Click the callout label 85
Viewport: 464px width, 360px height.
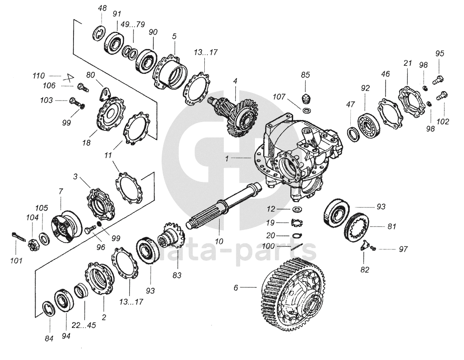305,74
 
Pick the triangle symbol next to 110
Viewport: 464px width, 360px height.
70,77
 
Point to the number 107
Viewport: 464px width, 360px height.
280,96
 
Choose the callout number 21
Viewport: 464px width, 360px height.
408,64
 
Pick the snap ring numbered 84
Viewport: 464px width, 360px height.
47,309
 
